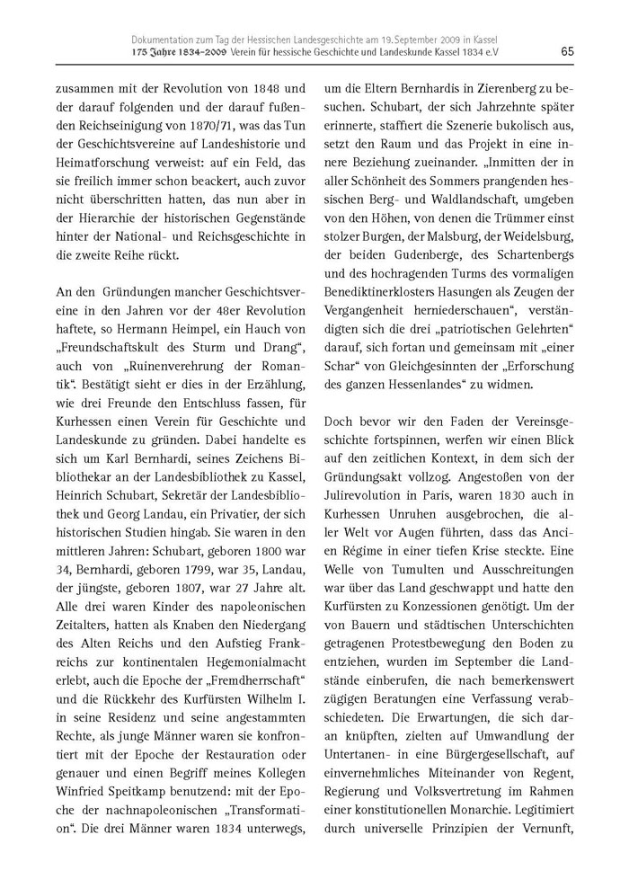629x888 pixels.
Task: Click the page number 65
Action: pyautogui.click(x=567, y=51)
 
